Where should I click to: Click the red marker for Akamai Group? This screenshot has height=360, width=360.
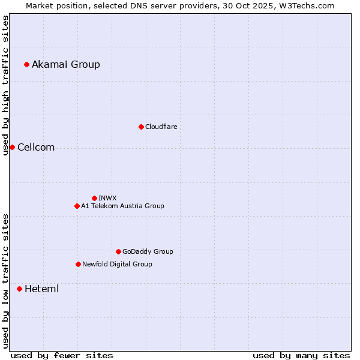point(27,65)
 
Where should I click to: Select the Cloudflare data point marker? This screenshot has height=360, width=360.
point(141,127)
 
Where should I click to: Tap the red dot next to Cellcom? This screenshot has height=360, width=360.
point(12,148)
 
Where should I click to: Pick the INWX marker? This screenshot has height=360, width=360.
point(94,198)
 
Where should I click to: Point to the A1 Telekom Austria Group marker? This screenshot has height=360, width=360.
point(77,206)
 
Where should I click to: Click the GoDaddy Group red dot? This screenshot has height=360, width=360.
point(118,252)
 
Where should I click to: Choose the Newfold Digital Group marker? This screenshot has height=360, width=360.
point(78,265)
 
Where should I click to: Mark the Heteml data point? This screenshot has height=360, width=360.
point(19,289)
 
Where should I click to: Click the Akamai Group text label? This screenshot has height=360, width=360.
point(66,65)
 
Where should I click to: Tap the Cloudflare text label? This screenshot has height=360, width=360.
point(161,127)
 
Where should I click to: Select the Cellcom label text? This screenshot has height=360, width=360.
point(36,148)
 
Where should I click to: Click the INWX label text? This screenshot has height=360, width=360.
point(107,198)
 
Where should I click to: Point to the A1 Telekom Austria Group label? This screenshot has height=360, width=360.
point(122,206)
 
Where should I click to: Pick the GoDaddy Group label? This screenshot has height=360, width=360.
point(148,252)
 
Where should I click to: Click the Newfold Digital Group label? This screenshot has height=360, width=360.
point(117,265)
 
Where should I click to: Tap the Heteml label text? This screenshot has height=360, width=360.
point(41,289)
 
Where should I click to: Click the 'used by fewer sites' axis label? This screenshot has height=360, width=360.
point(62,355)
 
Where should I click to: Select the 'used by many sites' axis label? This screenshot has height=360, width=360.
point(301,355)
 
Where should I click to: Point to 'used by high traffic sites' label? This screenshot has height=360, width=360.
point(6,85)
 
